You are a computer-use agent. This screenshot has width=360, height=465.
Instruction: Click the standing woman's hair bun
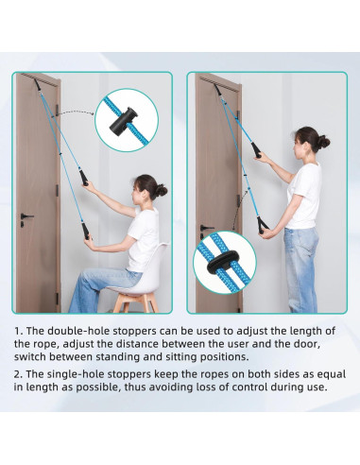pyautogui.click(x=323, y=143)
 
